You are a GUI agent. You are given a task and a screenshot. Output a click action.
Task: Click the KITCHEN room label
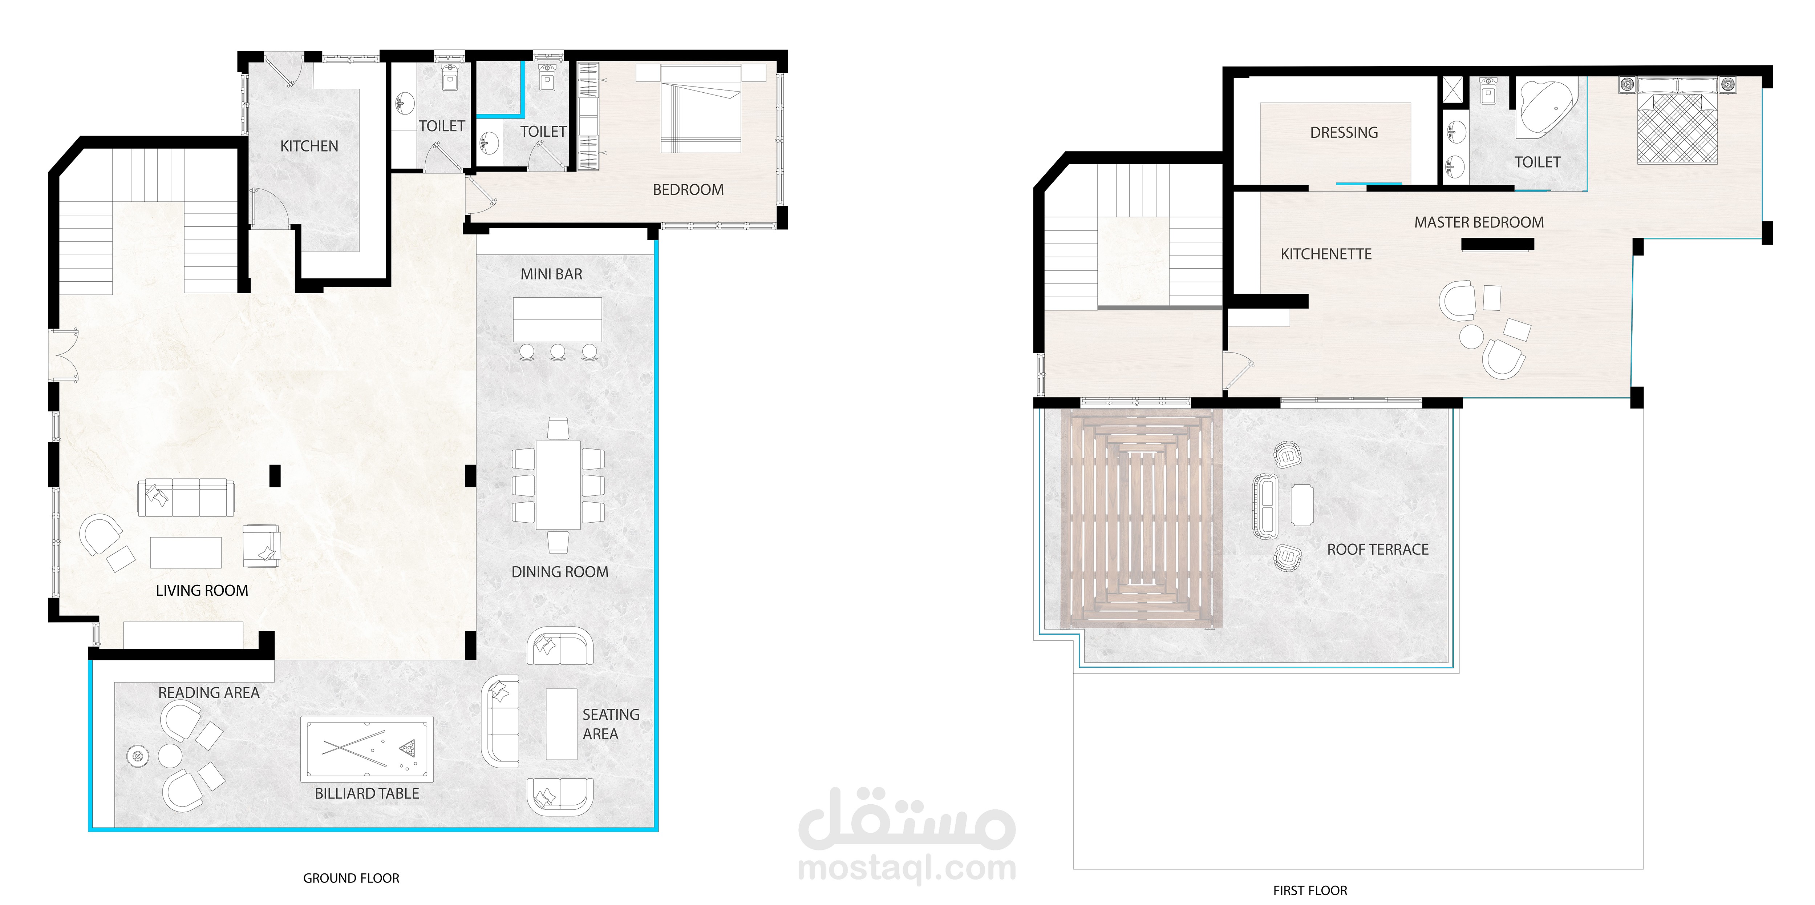coord(309,146)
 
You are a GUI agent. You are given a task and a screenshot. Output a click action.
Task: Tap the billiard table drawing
coord(367,749)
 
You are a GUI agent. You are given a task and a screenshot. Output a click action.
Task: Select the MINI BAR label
coord(552,274)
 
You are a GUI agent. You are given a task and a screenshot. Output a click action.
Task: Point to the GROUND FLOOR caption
coord(351,878)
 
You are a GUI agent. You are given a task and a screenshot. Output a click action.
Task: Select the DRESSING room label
coord(1344,133)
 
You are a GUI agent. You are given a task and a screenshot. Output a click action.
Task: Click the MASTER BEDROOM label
coord(1479,223)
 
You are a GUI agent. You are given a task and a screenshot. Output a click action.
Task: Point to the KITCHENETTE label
coord(1326,254)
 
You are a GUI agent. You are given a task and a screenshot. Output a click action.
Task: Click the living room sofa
coord(186,498)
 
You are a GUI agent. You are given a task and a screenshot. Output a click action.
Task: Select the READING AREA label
coord(208,693)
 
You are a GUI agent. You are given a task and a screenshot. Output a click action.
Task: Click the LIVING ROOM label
coord(202,591)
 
